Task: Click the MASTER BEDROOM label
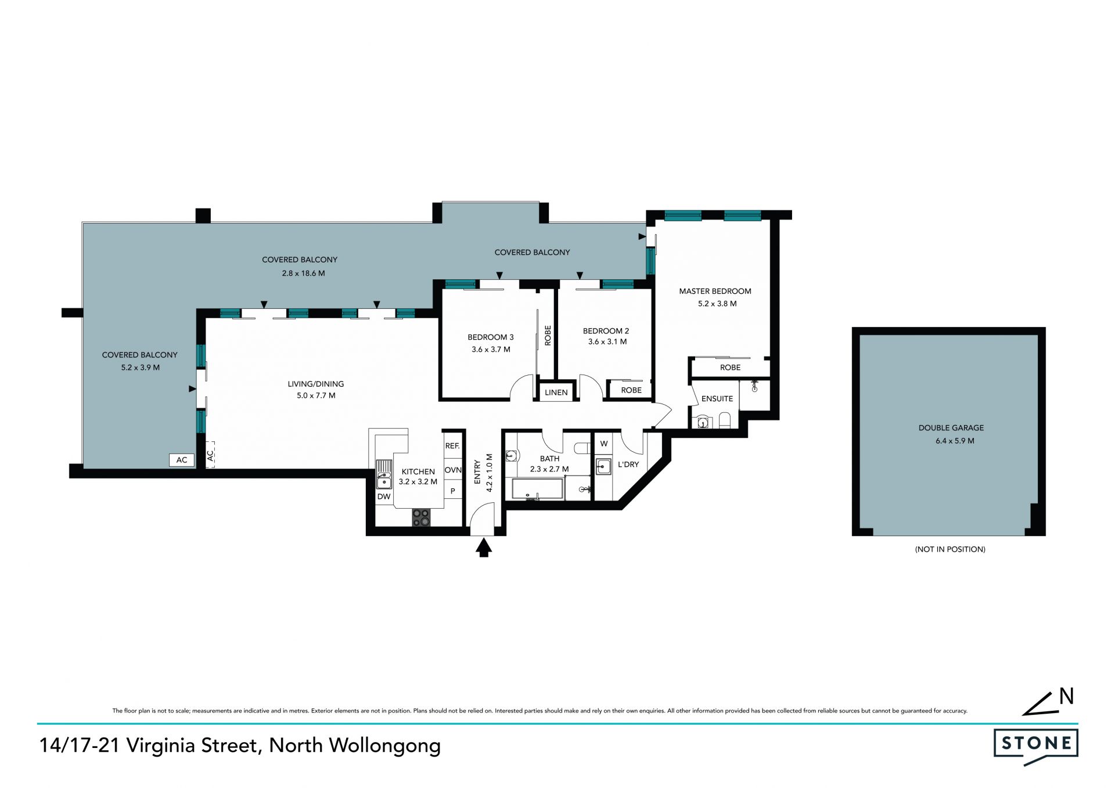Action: tap(715, 291)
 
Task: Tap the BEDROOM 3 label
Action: tap(491, 337)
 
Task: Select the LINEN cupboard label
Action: tap(556, 393)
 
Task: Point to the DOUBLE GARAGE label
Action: tap(951, 428)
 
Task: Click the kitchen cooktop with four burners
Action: tap(422, 517)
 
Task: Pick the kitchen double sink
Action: tap(384, 474)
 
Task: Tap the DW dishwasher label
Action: tap(384, 496)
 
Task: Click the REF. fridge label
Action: tap(452, 446)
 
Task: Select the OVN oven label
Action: tap(453, 470)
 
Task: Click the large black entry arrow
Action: tap(484, 548)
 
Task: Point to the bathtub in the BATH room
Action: tap(538, 489)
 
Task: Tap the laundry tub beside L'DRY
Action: tap(604, 466)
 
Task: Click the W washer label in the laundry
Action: tap(604, 444)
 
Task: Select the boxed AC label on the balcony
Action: tap(182, 460)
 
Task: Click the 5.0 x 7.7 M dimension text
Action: tap(316, 395)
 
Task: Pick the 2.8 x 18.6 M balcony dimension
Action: tap(303, 273)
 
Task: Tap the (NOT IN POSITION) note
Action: tap(950, 549)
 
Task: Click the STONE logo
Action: tap(1036, 747)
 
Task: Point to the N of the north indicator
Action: tap(1066, 696)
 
